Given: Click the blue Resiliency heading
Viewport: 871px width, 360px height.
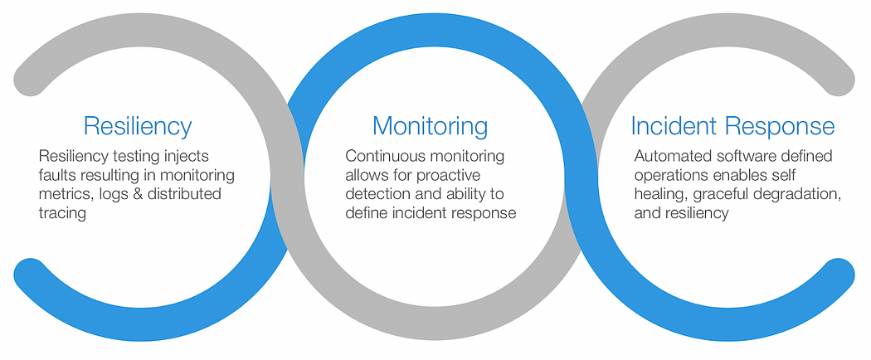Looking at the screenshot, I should tap(138, 126).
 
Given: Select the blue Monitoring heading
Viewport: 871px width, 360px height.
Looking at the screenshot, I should tap(430, 126).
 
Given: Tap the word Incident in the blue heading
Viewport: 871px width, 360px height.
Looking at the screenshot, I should tap(674, 126).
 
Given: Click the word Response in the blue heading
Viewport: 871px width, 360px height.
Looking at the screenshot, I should tap(781, 126).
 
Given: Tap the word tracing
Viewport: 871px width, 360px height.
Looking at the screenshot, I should tap(64, 213).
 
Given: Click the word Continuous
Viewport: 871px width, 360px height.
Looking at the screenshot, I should tap(390, 157).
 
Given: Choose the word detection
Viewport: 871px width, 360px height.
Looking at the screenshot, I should tap(379, 195).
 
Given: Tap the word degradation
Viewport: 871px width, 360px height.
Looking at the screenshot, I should tap(796, 194).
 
